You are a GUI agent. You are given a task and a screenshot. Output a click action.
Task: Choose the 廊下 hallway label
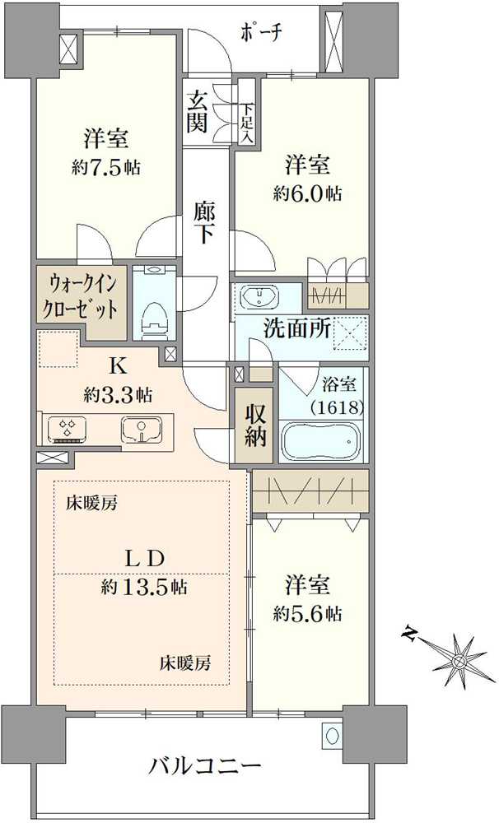tap(204, 221)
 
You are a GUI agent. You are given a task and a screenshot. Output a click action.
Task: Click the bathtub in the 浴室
tap(320, 441)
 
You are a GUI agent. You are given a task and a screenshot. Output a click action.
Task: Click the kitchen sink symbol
tap(142, 429)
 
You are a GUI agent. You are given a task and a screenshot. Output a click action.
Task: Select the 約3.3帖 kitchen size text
tap(117, 394)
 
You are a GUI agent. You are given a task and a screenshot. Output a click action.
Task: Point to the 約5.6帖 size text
tap(309, 613)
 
